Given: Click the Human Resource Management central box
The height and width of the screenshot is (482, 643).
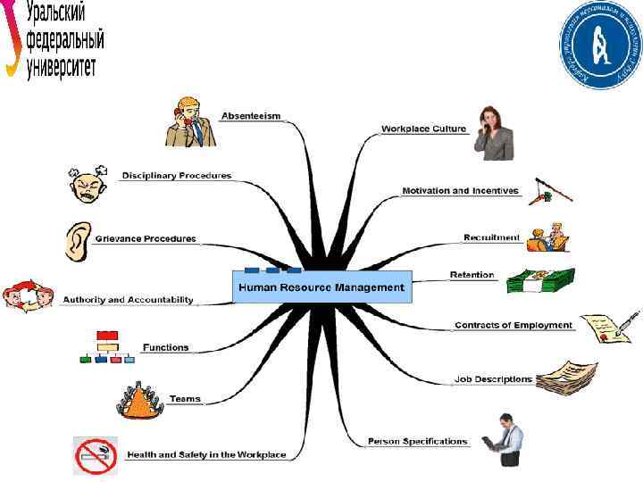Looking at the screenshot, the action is coord(321,287).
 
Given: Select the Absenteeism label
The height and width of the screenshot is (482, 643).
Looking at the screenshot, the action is coord(251,116).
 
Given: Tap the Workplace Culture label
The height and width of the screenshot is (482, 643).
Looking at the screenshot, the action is coord(423,129).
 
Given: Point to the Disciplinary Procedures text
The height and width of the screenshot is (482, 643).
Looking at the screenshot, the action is coord(176,175).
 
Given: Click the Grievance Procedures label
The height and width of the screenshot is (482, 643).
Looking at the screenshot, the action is coord(146,238).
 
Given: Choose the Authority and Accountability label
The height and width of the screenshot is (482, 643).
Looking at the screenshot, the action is coord(128,300).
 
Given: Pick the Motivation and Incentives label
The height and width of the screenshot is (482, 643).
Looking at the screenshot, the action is coord(460,191).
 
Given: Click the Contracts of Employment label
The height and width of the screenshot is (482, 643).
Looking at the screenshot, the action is coord(514,325).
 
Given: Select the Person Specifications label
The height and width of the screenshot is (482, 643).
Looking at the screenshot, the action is coord(417,441).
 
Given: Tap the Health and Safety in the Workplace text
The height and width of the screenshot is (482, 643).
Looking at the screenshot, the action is coord(206,454).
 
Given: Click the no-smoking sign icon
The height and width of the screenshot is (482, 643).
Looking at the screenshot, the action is coord(96,455).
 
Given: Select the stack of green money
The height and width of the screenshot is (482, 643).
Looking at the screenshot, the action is coord(540,281).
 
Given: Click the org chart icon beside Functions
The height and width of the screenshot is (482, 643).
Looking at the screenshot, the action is coord(106,347).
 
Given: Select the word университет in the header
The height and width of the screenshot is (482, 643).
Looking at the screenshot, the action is coord(62,69).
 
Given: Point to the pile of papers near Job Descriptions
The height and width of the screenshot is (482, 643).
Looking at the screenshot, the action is coord(567,377).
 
